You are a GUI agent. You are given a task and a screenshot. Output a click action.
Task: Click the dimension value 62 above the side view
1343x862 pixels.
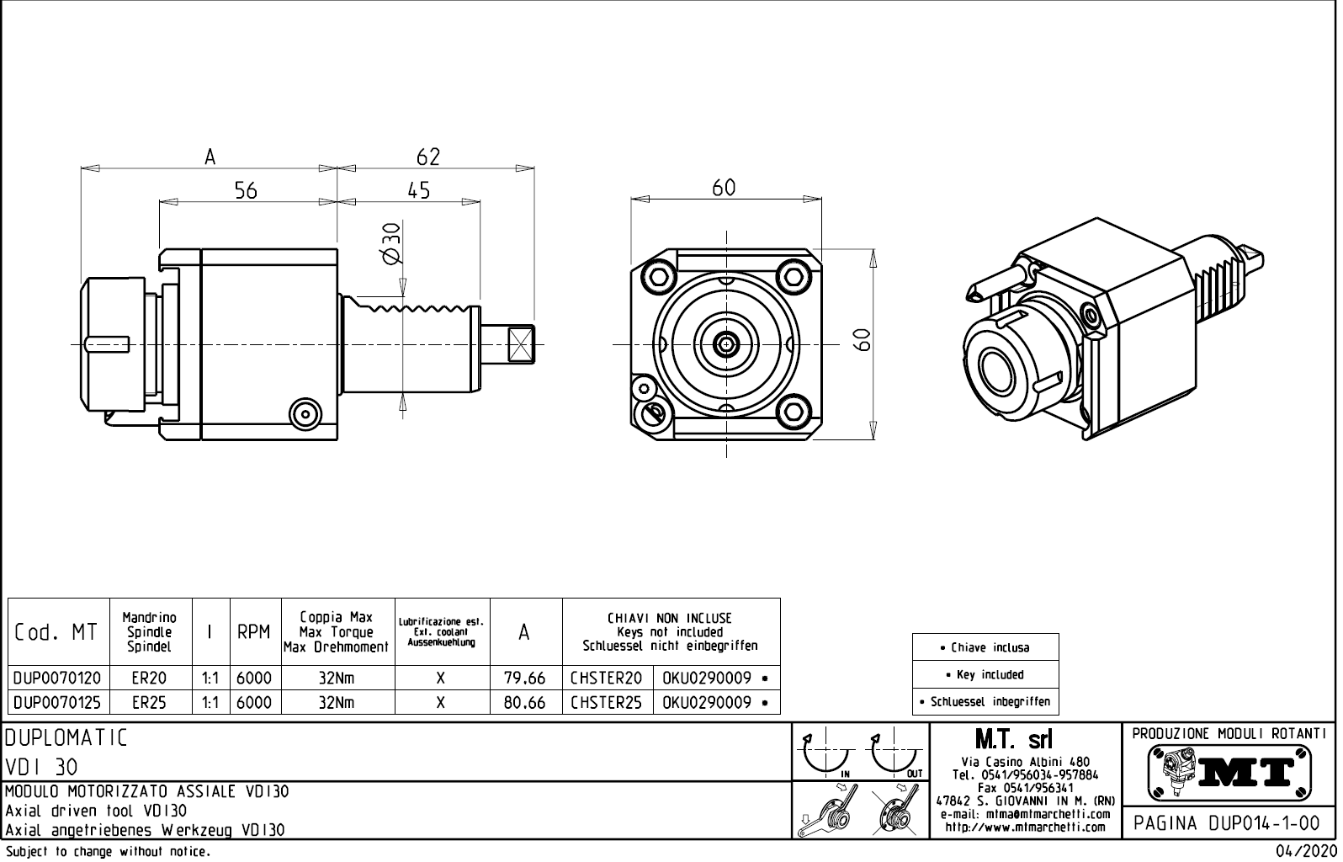click(x=428, y=157)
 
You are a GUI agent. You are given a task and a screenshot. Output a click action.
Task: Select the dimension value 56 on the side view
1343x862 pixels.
click(x=246, y=191)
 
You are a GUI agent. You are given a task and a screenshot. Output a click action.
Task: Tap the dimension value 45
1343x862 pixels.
click(x=418, y=191)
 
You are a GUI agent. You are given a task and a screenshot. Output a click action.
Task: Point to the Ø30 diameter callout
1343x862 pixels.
click(x=391, y=245)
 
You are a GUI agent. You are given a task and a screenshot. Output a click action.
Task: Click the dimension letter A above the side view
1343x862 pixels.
click(x=210, y=157)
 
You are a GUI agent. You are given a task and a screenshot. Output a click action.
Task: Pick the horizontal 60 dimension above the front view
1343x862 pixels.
click(x=724, y=188)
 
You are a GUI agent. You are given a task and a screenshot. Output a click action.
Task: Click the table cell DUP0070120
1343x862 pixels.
click(x=58, y=678)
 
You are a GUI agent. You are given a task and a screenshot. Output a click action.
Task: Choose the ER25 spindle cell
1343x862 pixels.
click(x=150, y=703)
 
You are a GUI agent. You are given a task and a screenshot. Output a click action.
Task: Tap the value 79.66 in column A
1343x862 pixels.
click(x=524, y=678)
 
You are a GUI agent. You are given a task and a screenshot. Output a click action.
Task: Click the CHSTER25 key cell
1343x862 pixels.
click(x=606, y=703)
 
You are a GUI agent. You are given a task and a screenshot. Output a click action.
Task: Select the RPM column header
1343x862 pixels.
click(x=253, y=632)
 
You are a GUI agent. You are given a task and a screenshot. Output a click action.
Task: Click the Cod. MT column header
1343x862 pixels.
click(x=56, y=632)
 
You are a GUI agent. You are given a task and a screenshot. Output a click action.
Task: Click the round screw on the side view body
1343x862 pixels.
click(x=305, y=413)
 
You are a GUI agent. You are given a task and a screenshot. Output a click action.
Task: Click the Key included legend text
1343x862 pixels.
click(x=985, y=674)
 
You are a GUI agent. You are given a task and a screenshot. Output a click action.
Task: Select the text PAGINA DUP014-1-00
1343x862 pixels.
click(x=1229, y=822)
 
